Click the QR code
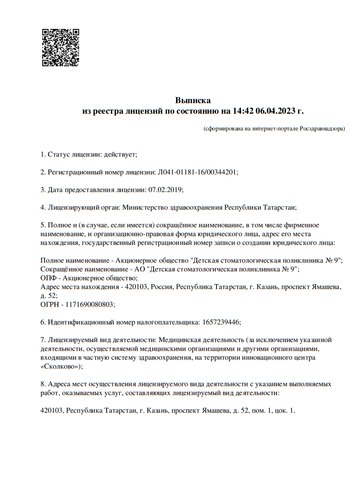point(61,48)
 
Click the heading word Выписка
point(193,100)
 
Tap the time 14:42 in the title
point(244,111)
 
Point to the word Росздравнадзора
point(322,129)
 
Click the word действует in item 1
point(120,154)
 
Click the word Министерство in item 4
point(144,207)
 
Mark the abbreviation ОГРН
point(50,304)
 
